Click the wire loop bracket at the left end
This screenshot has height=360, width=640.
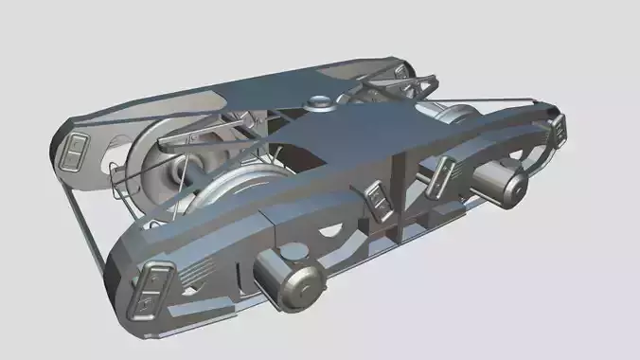point(117,181)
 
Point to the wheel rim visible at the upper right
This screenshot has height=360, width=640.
point(454,113)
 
